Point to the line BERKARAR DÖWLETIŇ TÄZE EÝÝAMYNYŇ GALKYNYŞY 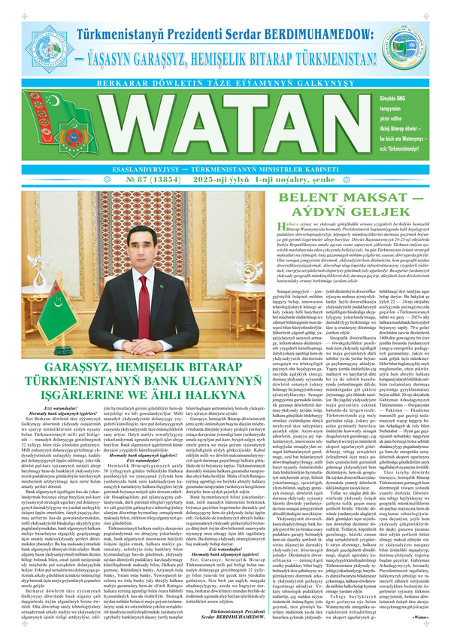(225, 78)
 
